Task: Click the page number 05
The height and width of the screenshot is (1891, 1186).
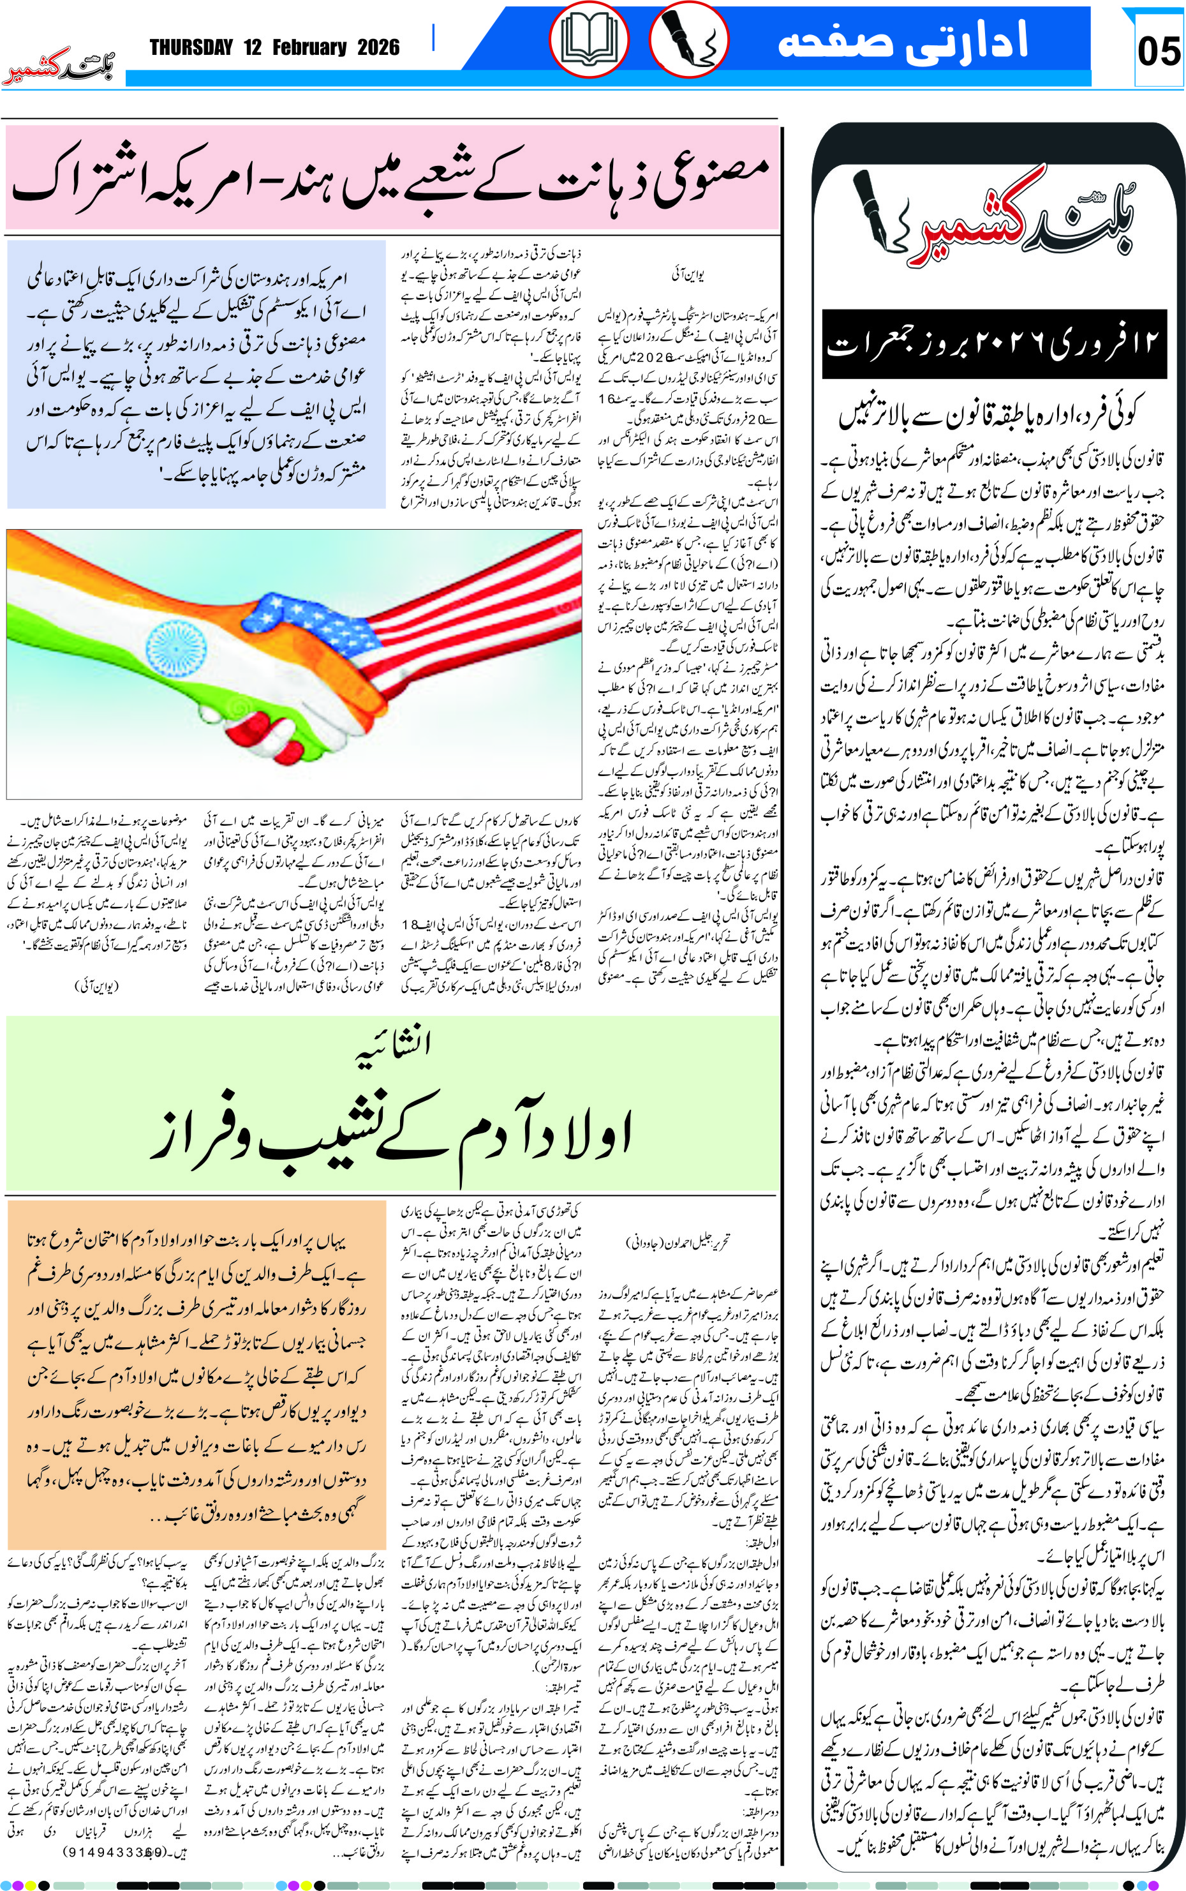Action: [1158, 52]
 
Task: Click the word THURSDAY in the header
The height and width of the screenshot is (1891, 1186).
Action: [191, 48]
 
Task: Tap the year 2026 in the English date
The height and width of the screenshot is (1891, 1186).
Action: [378, 48]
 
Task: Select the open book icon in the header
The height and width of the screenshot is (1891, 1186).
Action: [588, 39]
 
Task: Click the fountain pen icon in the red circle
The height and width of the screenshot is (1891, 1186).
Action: [688, 39]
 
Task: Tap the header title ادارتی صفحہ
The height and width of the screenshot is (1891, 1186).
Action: [902, 41]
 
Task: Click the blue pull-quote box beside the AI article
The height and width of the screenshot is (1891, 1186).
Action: [196, 374]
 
